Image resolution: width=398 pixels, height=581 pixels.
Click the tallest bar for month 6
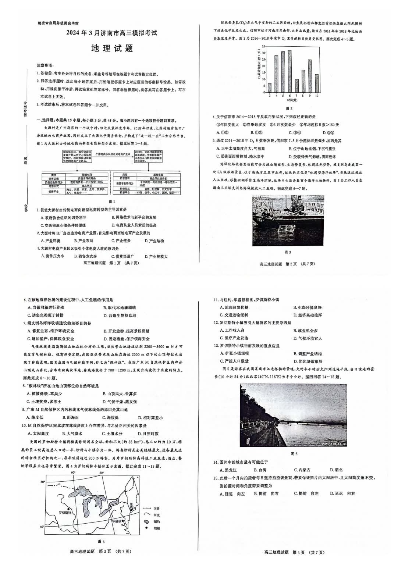pyautogui.click(x=289, y=71)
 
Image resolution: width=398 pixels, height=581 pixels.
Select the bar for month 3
pyautogui.click(x=270, y=88)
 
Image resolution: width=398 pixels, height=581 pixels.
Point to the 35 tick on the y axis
pyautogui.click(x=263, y=47)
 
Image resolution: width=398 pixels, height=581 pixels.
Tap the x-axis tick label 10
pyautogui.click(x=316, y=96)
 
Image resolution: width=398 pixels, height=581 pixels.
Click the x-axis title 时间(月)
pyautogui.click(x=293, y=100)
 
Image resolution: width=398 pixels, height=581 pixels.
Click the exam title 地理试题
pyautogui.click(x=112, y=48)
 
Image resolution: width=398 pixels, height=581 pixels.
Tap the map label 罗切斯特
pyautogui.click(x=65, y=512)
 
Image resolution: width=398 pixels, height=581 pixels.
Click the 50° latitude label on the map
pyautogui.click(x=43, y=482)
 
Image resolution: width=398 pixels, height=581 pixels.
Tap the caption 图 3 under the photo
pyautogui.click(x=288, y=252)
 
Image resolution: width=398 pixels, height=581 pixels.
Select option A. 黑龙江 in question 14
pyautogui.click(x=228, y=470)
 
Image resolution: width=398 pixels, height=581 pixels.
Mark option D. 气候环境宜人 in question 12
pyautogui.click(x=308, y=338)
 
